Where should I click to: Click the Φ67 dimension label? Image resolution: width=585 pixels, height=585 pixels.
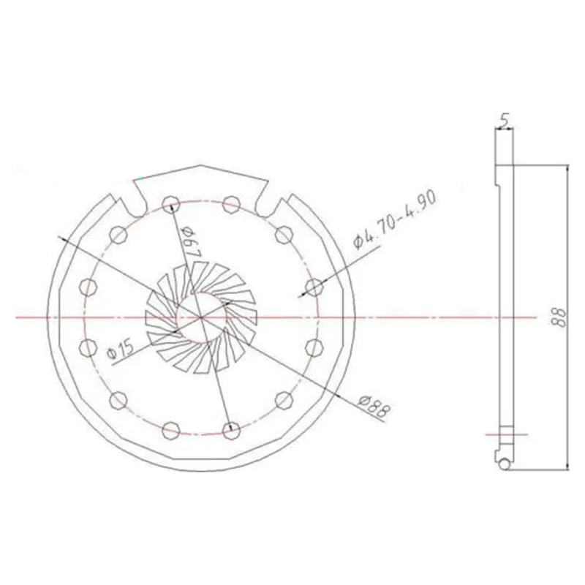click(191, 243)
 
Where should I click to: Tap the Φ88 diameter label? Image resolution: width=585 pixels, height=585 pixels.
click(374, 408)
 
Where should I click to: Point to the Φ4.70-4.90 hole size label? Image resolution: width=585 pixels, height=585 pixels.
click(394, 222)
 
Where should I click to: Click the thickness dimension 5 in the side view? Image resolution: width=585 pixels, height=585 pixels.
click(504, 121)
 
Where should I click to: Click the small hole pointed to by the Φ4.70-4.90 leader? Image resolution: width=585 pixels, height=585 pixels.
click(314, 287)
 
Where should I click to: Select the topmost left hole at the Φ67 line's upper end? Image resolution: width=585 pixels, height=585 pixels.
click(171, 204)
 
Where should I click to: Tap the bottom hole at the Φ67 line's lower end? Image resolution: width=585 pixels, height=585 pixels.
click(231, 430)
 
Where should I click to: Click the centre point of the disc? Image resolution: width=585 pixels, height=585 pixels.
click(201, 317)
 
